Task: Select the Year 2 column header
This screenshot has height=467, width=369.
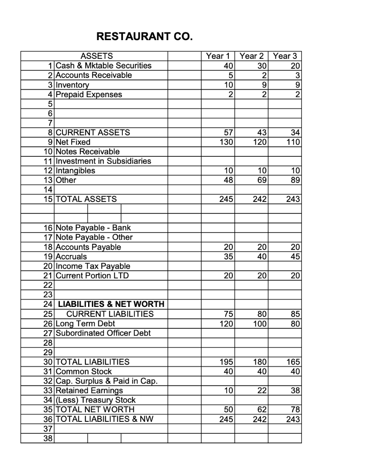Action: (x=251, y=56)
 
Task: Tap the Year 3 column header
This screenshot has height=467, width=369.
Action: (x=285, y=56)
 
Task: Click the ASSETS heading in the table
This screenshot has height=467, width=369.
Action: (x=96, y=56)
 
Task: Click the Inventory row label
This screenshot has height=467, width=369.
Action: (x=73, y=85)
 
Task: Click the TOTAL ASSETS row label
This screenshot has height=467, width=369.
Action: (x=86, y=199)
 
